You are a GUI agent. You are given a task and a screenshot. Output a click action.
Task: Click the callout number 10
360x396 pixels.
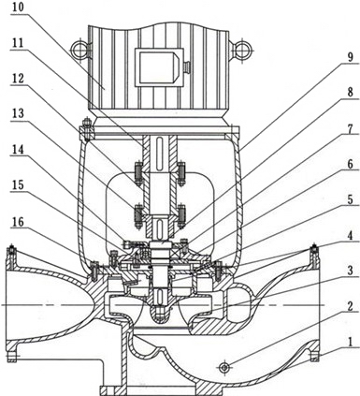(17, 7)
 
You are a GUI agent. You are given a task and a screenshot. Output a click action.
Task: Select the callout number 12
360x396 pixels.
(17, 78)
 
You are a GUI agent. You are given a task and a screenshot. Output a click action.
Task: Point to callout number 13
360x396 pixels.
(18, 113)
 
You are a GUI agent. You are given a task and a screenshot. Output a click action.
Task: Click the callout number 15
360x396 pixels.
(17, 185)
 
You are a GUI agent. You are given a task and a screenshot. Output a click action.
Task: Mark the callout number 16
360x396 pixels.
(17, 222)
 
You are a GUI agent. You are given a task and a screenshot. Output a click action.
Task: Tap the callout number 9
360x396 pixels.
(350, 57)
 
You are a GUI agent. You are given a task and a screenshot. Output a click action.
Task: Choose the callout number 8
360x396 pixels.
(350, 93)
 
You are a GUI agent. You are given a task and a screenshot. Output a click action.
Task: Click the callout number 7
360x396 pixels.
(350, 128)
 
